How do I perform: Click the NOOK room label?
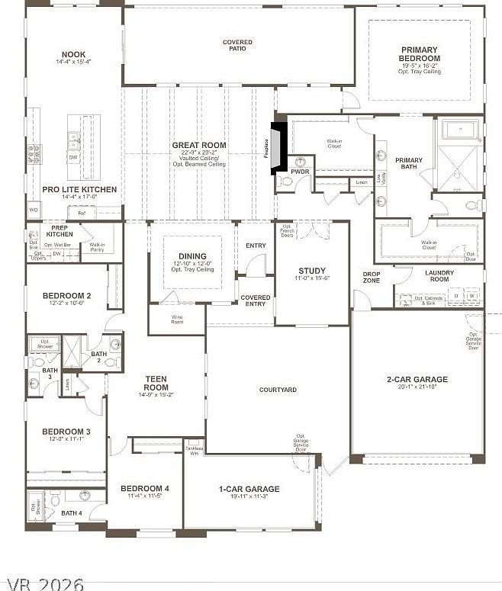point(74,55)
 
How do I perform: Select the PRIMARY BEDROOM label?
point(420,54)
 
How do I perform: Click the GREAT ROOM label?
point(198,145)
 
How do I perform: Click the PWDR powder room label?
point(301,173)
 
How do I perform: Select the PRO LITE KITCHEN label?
point(79,189)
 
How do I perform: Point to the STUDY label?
point(312,271)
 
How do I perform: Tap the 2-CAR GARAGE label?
point(417,379)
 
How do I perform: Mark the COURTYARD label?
point(278,390)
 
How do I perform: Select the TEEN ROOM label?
point(156,383)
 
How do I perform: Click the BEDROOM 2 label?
point(67,296)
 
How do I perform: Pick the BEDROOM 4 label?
point(145,488)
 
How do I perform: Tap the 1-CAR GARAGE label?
point(249,489)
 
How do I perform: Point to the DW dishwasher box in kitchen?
point(72,157)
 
